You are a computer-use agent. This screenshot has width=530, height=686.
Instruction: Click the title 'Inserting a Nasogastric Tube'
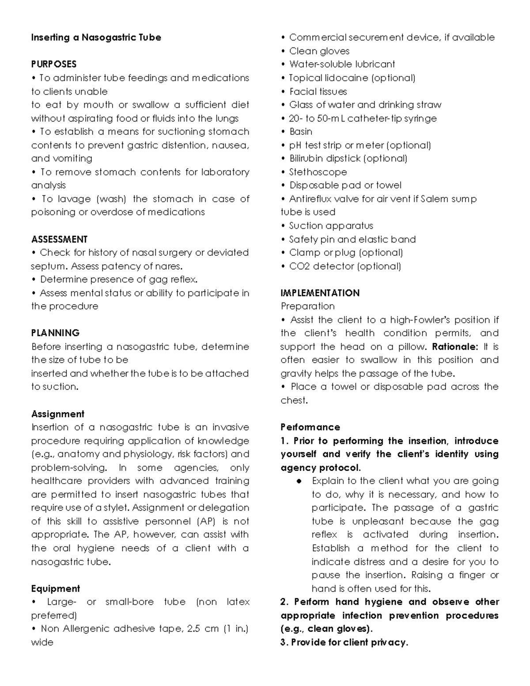[x=96, y=38]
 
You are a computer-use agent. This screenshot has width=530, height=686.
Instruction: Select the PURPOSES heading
[x=53, y=64]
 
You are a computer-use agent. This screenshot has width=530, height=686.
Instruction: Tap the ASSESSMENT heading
[x=59, y=239]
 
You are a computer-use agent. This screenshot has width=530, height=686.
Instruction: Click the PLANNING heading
[x=55, y=333]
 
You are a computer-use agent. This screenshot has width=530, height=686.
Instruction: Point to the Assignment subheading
[x=57, y=414]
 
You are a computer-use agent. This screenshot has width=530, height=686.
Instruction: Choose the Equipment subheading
[x=55, y=588]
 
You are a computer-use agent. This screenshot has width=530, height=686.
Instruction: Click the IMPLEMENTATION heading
[x=320, y=293]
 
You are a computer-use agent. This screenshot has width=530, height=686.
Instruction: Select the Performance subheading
[x=310, y=427]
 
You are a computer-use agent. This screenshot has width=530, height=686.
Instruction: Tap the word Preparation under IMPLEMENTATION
[x=307, y=306]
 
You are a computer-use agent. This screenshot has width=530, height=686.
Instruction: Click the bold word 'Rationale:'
[x=454, y=347]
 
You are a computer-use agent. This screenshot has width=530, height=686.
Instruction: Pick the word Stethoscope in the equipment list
[x=318, y=172]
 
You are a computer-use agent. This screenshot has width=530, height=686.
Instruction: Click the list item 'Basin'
[x=300, y=132]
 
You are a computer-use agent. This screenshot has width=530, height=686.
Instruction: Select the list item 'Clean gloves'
[x=319, y=51]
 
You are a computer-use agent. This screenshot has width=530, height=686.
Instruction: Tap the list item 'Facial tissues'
[x=318, y=91]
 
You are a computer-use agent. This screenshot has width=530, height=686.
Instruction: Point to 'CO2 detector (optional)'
[x=344, y=266]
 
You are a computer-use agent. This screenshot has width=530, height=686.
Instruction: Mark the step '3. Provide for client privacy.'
[x=344, y=642]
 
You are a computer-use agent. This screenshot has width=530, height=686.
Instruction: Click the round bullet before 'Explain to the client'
[x=299, y=481]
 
